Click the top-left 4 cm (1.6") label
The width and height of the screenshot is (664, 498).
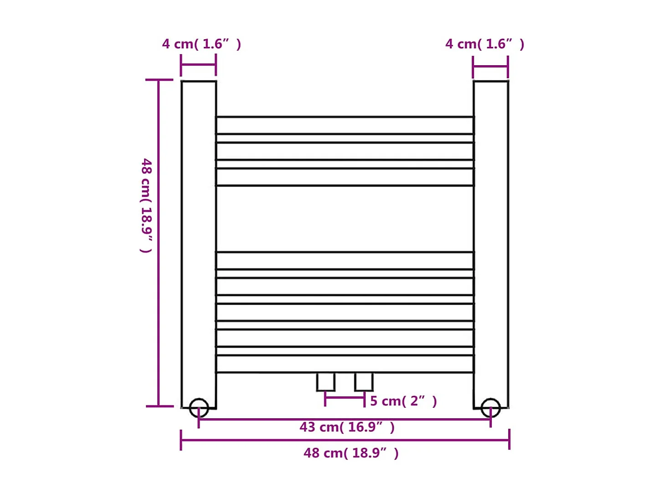[x=201, y=44]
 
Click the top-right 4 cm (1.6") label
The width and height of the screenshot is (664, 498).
[x=484, y=44]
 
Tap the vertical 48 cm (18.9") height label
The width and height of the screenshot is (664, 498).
[x=146, y=205]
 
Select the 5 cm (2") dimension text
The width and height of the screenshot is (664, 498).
[x=403, y=401]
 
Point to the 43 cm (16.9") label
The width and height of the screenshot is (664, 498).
[x=347, y=427]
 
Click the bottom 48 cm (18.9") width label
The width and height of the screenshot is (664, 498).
[x=351, y=453]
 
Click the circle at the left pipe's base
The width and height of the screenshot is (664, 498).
[x=199, y=408]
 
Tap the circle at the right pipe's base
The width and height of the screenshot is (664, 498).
[x=491, y=408]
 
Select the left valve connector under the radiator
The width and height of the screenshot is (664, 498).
[x=326, y=382]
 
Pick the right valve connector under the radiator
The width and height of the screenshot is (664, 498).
[x=364, y=382]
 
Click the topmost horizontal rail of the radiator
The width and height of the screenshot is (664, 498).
[x=345, y=125]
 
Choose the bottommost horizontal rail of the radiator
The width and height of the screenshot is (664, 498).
[x=345, y=364]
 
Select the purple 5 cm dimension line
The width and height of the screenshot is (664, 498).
[x=345, y=398]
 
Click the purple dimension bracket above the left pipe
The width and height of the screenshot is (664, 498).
[x=198, y=65]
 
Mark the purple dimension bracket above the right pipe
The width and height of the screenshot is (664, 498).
[x=490, y=66]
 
